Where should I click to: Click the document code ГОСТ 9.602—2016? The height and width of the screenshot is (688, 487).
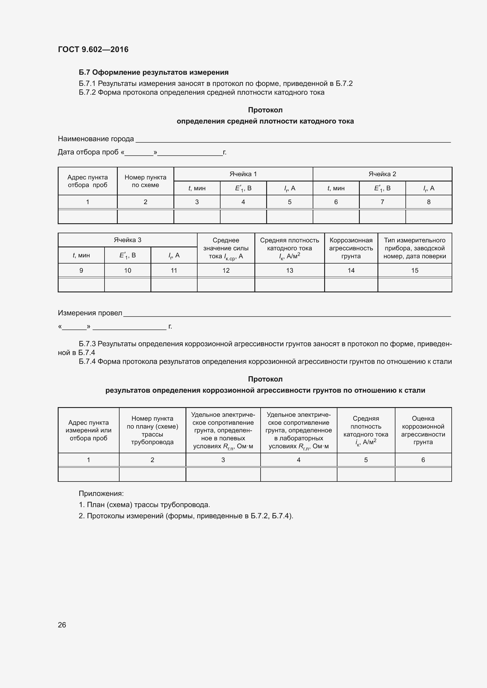(93, 49)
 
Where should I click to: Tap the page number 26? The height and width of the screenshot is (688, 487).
(62, 625)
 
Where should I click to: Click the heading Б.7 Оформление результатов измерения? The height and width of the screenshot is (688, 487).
(153, 72)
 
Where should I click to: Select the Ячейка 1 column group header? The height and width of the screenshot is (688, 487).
(243, 174)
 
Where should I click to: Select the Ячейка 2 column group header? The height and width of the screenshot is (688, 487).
(382, 174)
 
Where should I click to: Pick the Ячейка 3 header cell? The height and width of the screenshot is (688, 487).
(127, 240)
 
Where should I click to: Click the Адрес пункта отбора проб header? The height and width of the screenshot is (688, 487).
(87, 181)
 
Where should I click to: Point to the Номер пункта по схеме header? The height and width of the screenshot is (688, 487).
(145, 181)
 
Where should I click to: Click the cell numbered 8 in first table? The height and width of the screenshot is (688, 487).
(428, 202)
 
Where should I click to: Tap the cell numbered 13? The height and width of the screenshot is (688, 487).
(289, 271)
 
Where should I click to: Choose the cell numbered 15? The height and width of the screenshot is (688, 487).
(415, 271)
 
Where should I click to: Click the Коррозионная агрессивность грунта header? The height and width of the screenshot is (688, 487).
(351, 248)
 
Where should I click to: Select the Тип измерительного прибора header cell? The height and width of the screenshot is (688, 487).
(415, 248)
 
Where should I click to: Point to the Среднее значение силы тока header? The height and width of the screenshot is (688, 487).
(226, 248)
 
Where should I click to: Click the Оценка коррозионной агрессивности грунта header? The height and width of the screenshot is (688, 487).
(423, 430)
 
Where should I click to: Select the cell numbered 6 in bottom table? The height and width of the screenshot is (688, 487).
(423, 460)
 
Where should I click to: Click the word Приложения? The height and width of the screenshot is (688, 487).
(101, 494)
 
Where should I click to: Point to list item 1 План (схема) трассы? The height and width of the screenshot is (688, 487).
(144, 505)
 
